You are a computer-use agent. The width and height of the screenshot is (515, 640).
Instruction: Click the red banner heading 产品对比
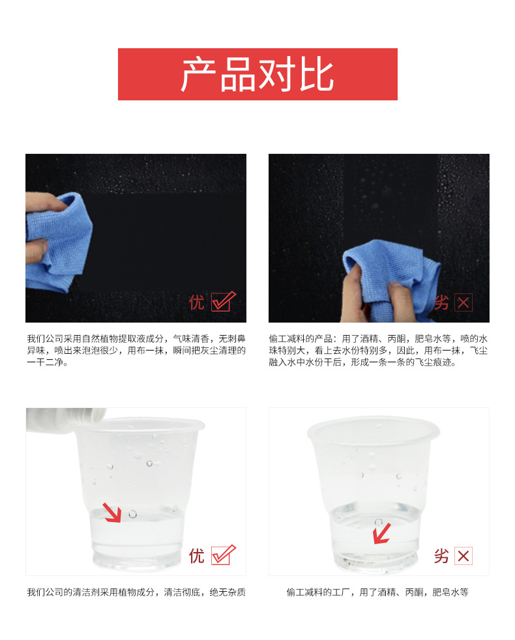(x=257, y=74)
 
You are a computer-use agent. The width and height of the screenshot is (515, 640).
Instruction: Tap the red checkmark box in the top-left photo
(x=223, y=302)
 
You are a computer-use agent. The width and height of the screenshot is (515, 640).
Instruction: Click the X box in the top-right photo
(x=463, y=302)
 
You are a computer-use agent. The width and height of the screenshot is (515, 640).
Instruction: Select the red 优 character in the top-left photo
(x=196, y=302)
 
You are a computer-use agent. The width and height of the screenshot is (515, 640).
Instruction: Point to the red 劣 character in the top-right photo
(x=441, y=302)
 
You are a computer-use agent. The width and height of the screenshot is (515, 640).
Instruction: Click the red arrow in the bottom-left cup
(x=111, y=513)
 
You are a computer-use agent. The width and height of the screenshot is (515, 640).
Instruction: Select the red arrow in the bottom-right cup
(x=382, y=534)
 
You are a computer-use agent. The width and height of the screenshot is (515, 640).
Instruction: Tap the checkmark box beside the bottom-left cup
(x=223, y=555)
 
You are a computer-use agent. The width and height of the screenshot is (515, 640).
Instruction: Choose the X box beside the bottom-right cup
(x=463, y=556)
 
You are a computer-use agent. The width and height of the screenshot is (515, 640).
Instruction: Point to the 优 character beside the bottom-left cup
(x=196, y=556)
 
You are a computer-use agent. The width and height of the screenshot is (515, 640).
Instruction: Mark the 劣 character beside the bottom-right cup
(x=441, y=556)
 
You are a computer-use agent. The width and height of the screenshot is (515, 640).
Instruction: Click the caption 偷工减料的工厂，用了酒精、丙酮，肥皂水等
(x=377, y=592)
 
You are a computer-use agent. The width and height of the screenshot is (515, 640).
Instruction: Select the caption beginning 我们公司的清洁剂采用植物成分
(x=136, y=592)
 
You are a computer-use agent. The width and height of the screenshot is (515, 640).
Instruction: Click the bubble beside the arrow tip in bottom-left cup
(x=133, y=514)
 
